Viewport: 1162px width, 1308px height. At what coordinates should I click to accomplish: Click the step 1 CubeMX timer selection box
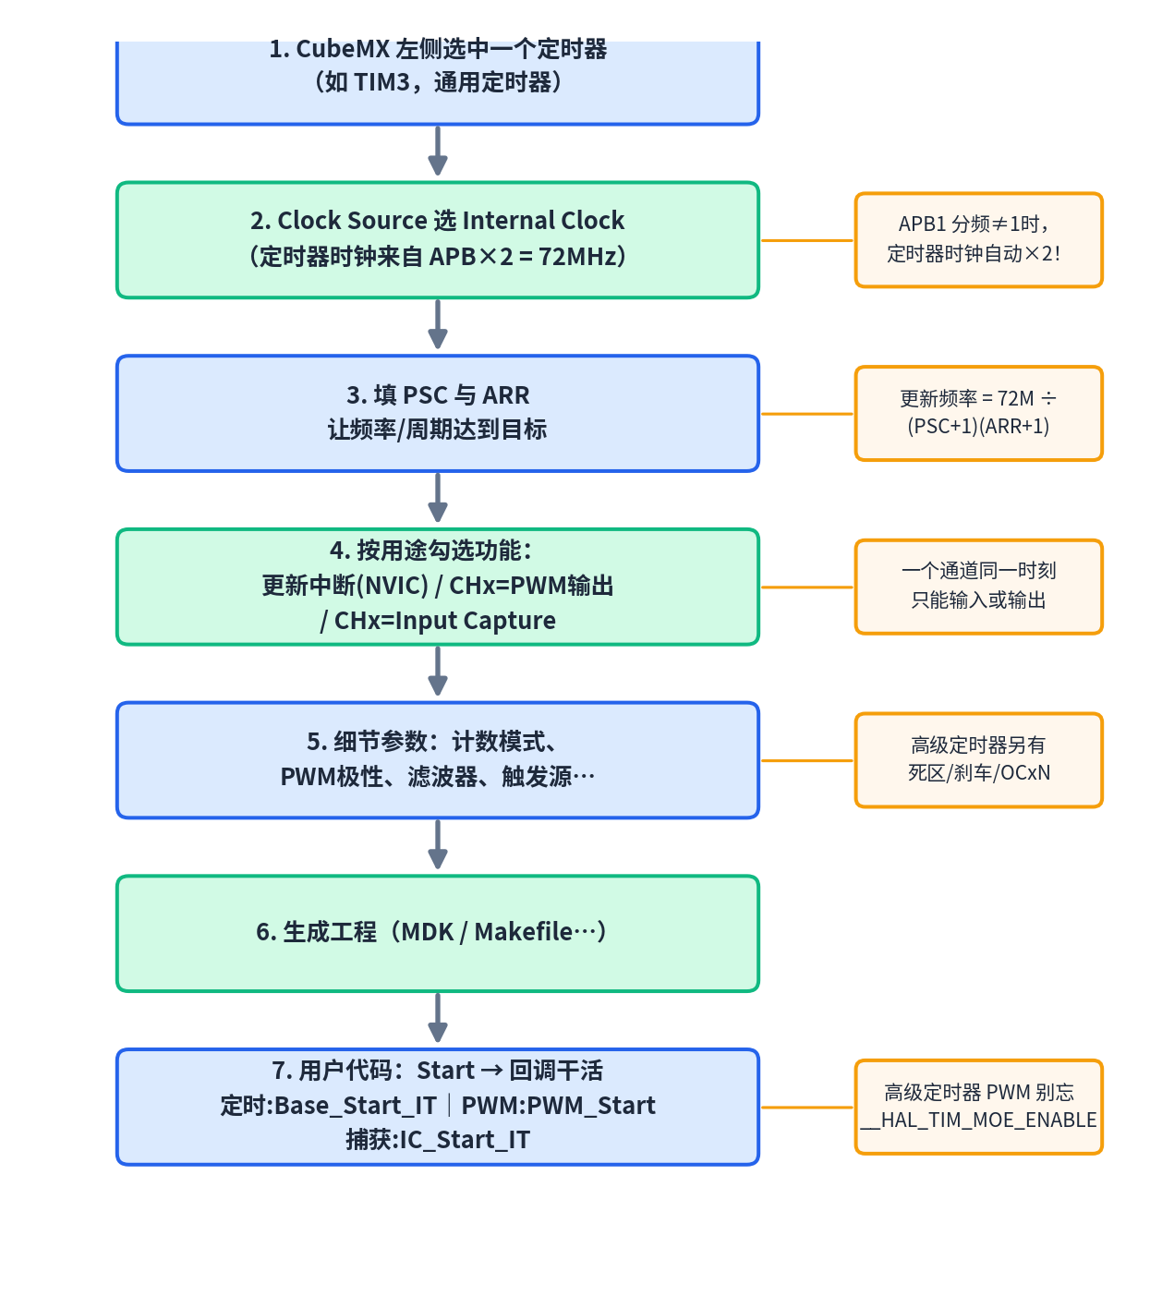tap(438, 82)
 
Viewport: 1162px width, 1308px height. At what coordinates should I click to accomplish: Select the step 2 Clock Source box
tap(438, 240)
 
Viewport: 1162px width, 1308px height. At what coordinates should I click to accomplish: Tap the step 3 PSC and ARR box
tap(438, 413)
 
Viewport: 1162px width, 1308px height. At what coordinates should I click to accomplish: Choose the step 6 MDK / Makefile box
tap(438, 934)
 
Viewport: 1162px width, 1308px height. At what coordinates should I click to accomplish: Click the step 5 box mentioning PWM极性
tap(438, 760)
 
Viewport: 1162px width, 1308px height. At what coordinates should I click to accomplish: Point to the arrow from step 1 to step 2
tap(438, 151)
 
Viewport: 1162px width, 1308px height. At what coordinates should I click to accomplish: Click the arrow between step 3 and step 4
tap(438, 497)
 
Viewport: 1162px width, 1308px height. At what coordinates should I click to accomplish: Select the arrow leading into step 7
tap(438, 1017)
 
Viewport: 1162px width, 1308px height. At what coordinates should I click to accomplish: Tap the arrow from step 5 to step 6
tap(438, 843)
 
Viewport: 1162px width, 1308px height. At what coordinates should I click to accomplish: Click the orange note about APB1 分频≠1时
tap(979, 240)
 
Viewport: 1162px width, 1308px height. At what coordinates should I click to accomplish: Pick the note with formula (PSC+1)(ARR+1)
tap(979, 413)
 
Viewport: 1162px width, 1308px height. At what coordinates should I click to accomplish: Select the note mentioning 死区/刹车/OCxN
tap(979, 760)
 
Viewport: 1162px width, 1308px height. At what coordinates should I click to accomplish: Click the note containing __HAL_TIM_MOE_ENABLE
tap(979, 1108)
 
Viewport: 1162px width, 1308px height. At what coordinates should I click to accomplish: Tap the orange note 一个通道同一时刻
tap(979, 587)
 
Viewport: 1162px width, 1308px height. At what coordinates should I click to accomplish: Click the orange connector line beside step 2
tap(807, 240)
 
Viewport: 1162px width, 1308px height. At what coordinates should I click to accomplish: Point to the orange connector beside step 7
tap(807, 1108)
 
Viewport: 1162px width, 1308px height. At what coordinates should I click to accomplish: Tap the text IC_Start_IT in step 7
tap(465, 1141)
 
